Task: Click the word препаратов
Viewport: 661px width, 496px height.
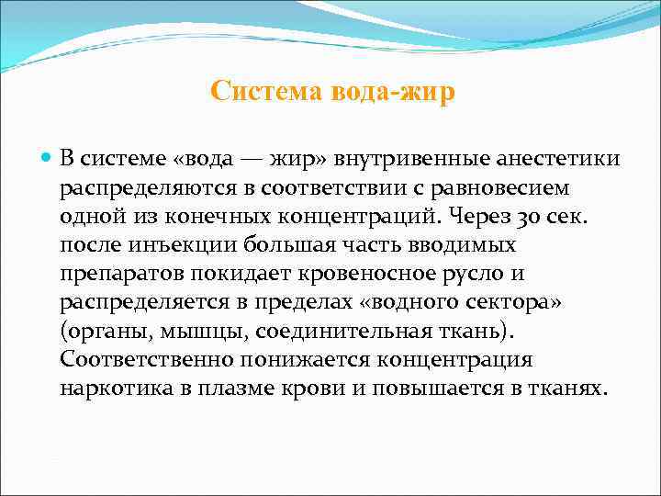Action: point(116,274)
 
